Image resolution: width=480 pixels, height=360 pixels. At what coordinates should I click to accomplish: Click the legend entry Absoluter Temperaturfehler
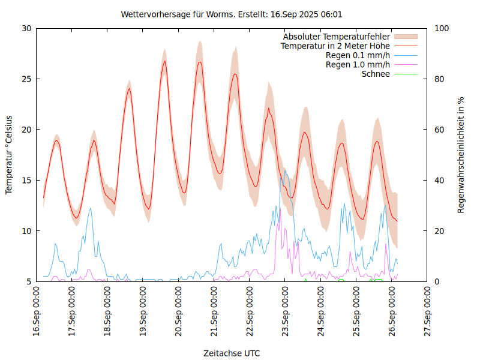(x=337, y=37)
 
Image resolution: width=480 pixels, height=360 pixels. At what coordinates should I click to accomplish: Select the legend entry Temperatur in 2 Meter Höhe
(x=335, y=46)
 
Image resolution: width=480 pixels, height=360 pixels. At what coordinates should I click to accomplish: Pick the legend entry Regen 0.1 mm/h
(x=358, y=55)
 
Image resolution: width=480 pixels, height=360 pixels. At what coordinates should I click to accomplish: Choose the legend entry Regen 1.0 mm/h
(x=358, y=65)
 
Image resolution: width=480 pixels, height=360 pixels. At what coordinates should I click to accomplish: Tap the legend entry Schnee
(x=376, y=74)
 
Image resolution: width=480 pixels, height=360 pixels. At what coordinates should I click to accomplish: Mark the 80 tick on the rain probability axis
(x=439, y=79)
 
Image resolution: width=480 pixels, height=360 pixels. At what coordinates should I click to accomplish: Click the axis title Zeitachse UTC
(x=232, y=353)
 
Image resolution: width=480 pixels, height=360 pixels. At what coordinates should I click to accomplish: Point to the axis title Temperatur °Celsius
(x=9, y=154)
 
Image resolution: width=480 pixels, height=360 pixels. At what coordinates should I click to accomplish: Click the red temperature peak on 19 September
(x=164, y=61)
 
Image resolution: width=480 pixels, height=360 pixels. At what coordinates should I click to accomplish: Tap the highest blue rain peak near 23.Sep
(x=286, y=170)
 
